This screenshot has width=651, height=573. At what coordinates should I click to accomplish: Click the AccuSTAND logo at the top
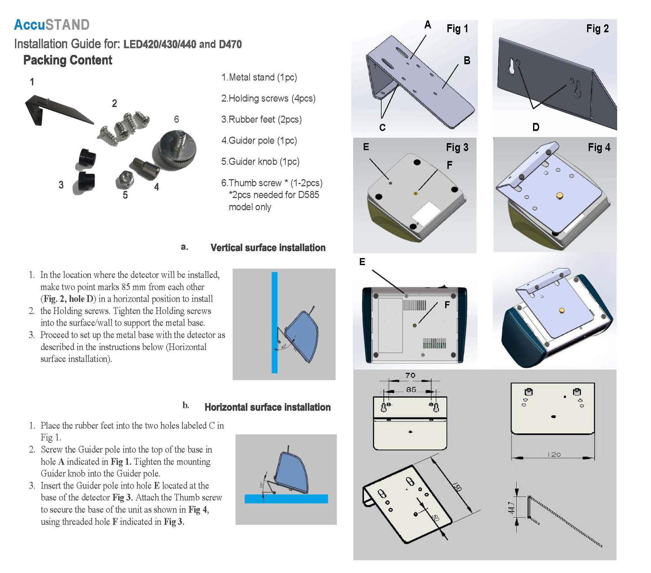[x=51, y=25]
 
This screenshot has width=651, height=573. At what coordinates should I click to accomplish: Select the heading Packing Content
[x=68, y=60]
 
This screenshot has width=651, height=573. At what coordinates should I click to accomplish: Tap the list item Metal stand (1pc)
[x=259, y=77]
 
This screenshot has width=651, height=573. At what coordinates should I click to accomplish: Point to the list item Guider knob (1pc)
[x=260, y=162]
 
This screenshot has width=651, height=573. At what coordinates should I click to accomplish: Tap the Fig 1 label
[x=457, y=29]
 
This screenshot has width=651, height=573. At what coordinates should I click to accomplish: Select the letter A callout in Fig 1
[x=428, y=25]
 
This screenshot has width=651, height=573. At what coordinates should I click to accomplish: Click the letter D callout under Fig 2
[x=536, y=127]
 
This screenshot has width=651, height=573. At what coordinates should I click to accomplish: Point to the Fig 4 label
[x=599, y=147]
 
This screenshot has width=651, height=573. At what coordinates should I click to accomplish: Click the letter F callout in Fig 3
[x=449, y=165]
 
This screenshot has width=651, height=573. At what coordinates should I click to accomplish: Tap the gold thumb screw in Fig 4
[x=560, y=195]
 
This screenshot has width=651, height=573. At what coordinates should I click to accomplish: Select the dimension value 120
[x=554, y=455]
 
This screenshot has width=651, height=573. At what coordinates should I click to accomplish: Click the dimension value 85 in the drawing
[x=411, y=389]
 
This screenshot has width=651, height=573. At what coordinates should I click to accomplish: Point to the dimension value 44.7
[x=511, y=508]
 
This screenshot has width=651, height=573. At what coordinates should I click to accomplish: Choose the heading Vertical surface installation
[x=268, y=248]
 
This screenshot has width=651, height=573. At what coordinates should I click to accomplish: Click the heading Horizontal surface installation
[x=267, y=407]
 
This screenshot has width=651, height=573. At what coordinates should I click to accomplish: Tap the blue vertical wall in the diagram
[x=274, y=322]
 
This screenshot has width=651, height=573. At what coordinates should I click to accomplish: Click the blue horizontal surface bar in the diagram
[x=286, y=499]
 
